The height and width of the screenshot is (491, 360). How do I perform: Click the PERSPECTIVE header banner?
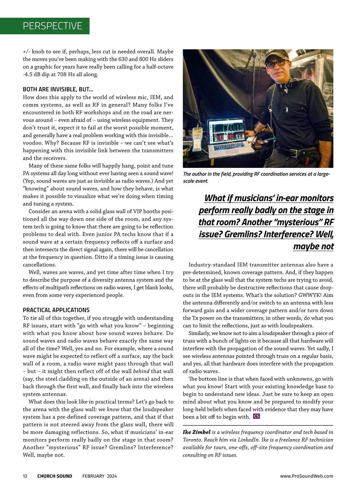[52, 26]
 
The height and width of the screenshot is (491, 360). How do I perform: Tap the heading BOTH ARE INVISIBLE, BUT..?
[58, 89]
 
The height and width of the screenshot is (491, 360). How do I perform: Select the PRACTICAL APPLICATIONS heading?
[56, 310]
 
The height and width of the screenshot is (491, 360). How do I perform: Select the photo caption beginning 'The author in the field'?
[256, 177]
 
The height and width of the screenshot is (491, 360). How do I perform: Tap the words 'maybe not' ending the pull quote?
[313, 246]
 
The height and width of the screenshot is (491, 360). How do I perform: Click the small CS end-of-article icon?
[256, 416]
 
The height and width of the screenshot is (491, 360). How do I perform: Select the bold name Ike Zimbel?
[196, 432]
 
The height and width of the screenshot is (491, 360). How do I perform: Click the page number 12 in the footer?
[25, 476]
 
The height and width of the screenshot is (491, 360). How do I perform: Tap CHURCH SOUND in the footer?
[55, 476]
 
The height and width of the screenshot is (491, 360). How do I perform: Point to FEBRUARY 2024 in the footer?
[100, 476]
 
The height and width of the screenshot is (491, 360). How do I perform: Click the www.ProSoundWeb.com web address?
[307, 476]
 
